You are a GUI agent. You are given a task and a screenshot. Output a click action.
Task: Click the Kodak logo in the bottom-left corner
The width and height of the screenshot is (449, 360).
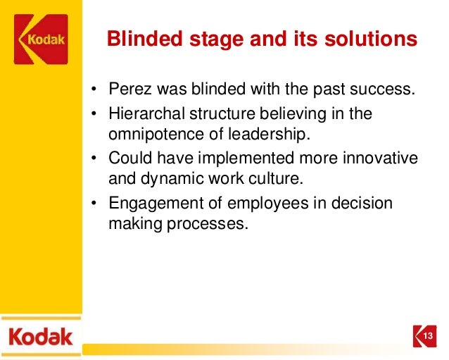[x=40, y=335]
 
